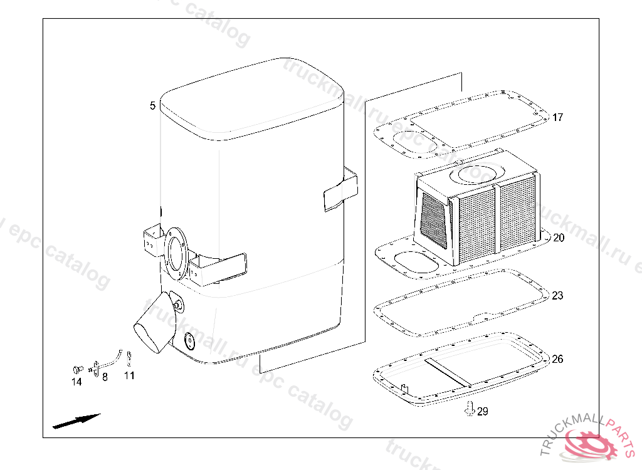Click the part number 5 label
click(x=152, y=106)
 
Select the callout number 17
click(x=557, y=117)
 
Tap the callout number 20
click(x=559, y=238)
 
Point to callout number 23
click(x=557, y=295)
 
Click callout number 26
click(x=557, y=359)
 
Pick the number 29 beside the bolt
click(x=482, y=412)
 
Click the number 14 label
click(x=76, y=382)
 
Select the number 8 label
click(x=105, y=377)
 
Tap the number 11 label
click(x=129, y=376)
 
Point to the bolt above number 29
click(x=468, y=407)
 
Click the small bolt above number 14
click(x=78, y=368)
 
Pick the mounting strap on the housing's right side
click(x=340, y=189)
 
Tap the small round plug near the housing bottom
click(x=188, y=341)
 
